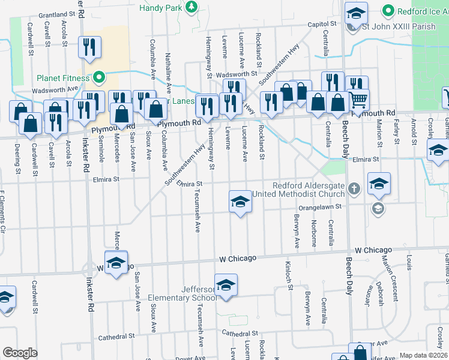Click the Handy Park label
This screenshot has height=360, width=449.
click(x=160, y=8)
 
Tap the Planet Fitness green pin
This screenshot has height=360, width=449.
click(x=100, y=77)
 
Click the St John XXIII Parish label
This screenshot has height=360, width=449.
click(x=397, y=26)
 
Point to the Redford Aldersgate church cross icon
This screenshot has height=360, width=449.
click(x=354, y=189)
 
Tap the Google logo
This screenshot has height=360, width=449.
click(x=20, y=353)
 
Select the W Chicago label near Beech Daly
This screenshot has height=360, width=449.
click(x=373, y=250)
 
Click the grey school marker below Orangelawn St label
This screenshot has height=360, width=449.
click(x=378, y=208)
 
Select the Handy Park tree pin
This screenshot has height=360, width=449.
click(x=191, y=7)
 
